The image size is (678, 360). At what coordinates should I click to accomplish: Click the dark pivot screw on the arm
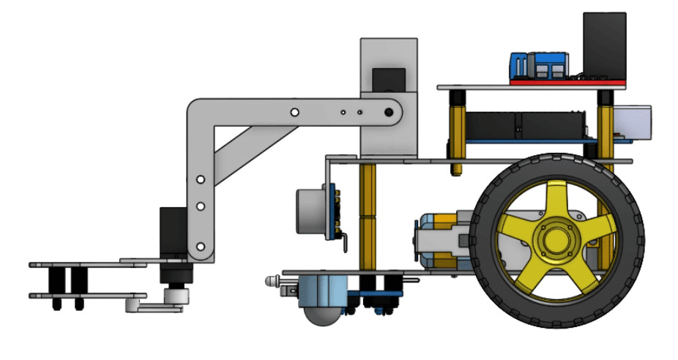coord(389,113)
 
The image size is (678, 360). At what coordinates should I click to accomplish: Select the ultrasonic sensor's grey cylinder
coord(310,211)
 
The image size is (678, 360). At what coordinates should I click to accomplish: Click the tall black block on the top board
coord(604,42)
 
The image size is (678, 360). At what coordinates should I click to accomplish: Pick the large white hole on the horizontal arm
coord(294,113)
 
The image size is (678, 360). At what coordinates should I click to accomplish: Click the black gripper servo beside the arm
coord(173,233)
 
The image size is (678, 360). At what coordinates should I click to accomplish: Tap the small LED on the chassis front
coord(272,281)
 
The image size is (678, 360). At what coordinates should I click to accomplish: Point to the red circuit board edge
coord(567,81)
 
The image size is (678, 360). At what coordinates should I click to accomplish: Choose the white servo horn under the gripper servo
coord(174,296)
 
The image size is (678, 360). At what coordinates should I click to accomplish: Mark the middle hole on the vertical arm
coord(198,208)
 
